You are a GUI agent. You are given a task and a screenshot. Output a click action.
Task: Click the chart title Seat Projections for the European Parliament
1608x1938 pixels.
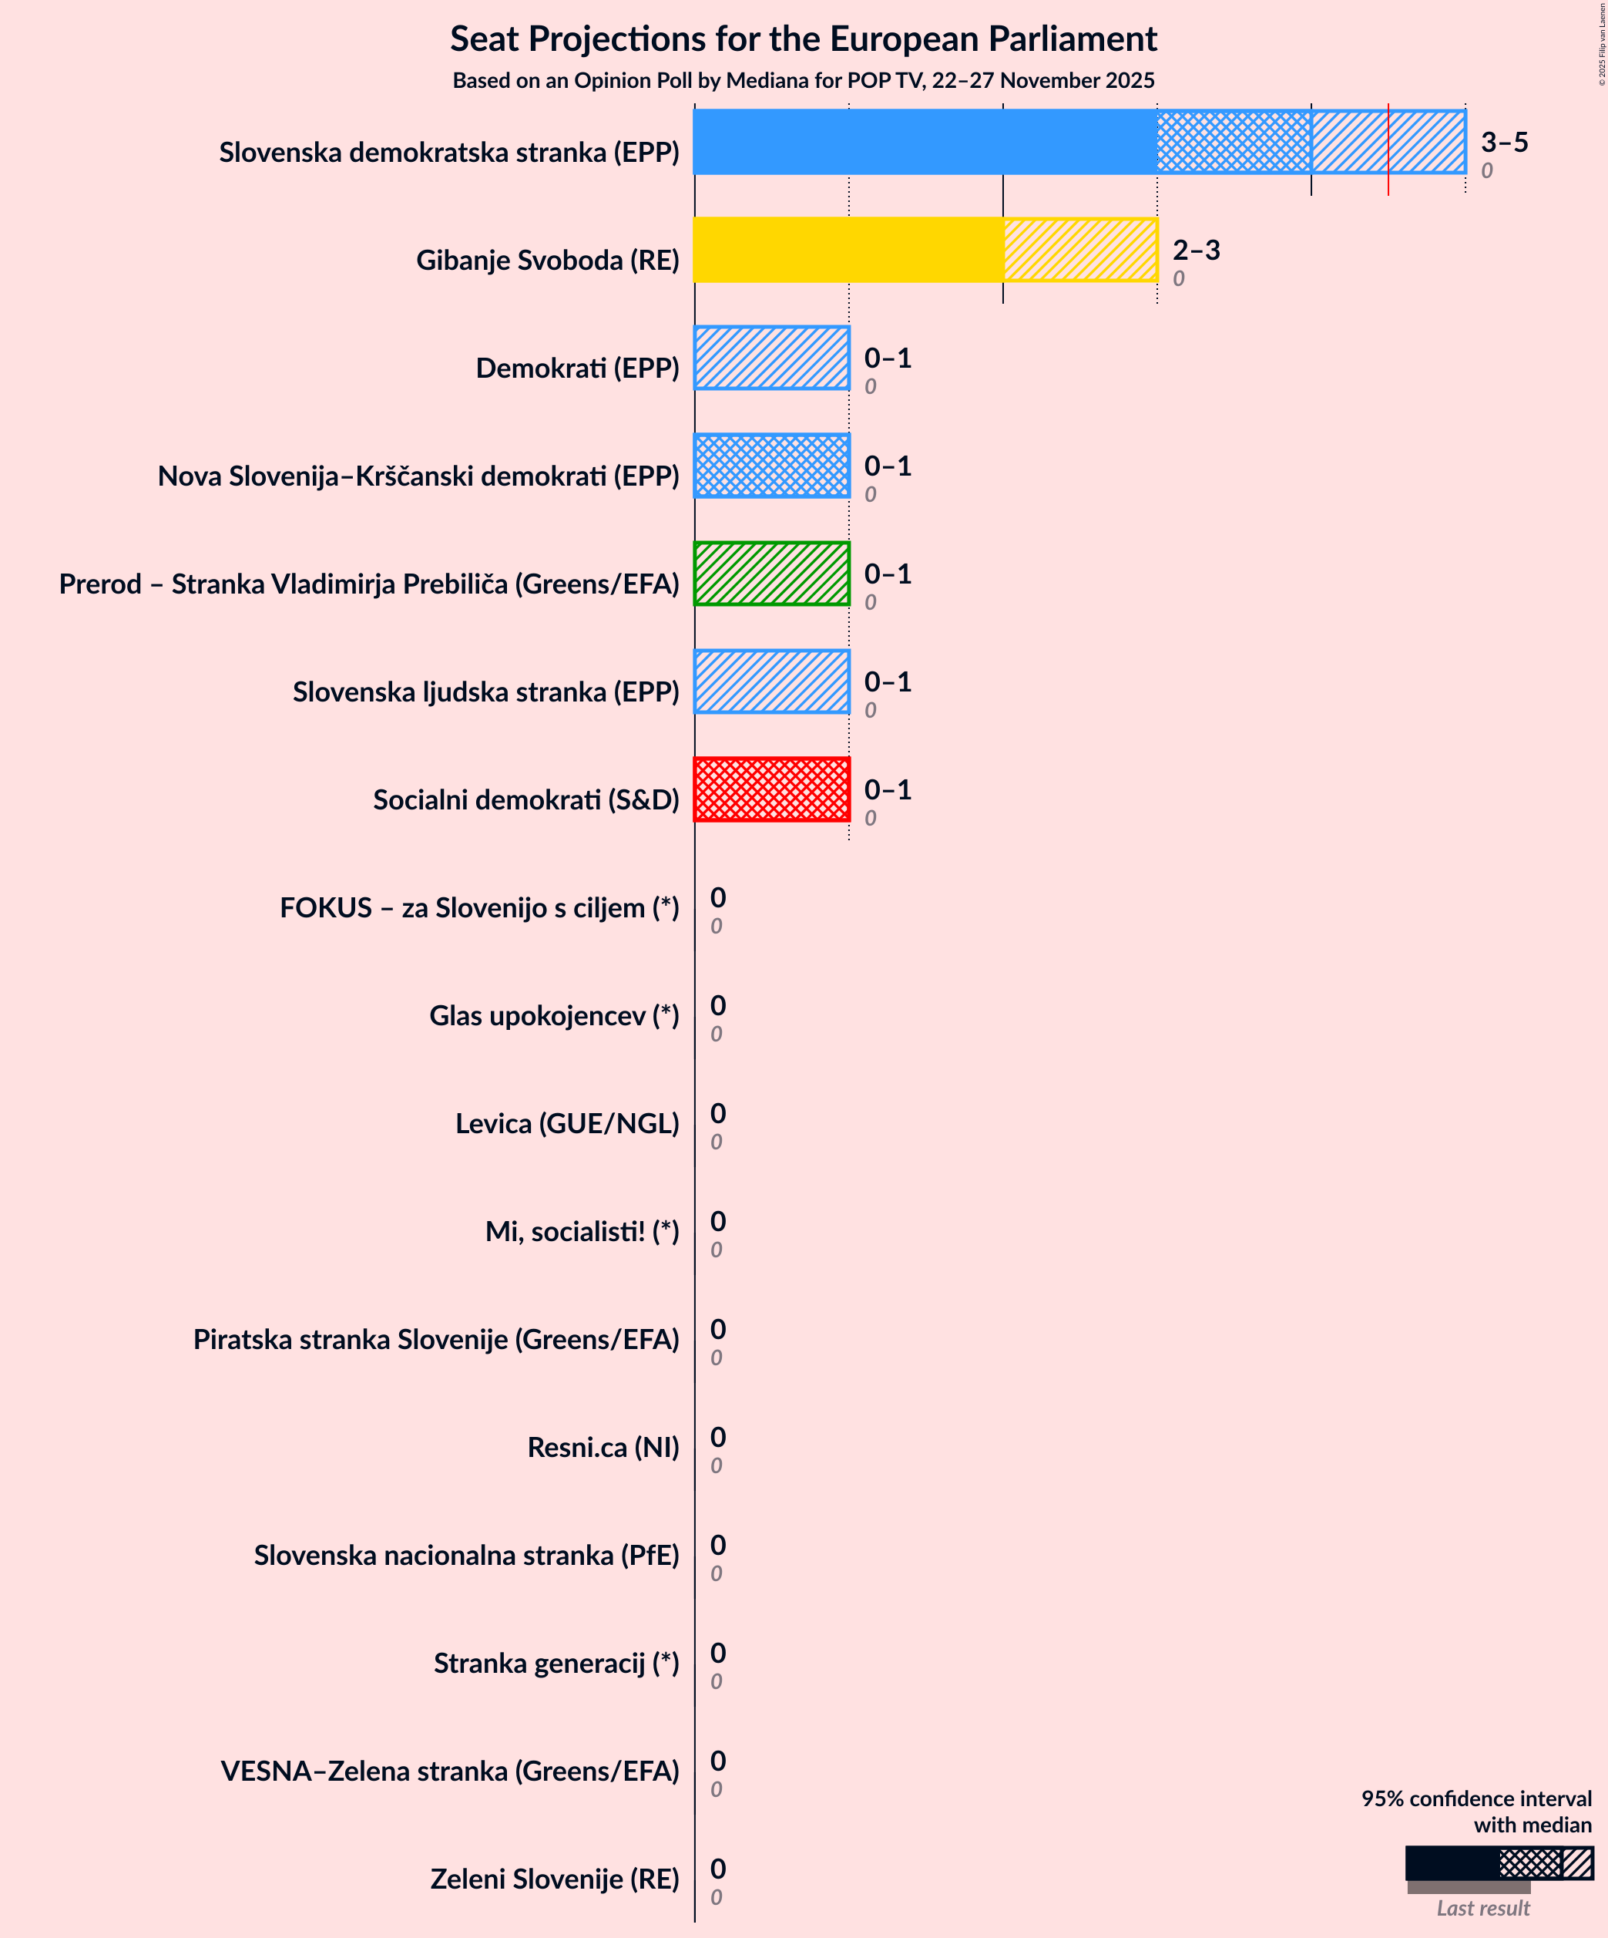click(x=803, y=39)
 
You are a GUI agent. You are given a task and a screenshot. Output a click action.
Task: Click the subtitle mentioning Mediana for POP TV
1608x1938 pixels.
click(x=803, y=80)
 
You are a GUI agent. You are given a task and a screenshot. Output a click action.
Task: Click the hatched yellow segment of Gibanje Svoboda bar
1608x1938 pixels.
click(x=1079, y=249)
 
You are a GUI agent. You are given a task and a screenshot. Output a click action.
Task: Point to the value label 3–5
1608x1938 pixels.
click(x=1504, y=142)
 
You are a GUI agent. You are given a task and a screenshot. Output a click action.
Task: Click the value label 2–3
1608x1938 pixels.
click(x=1196, y=250)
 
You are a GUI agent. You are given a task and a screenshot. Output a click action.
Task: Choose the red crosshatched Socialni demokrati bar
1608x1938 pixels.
click(x=771, y=789)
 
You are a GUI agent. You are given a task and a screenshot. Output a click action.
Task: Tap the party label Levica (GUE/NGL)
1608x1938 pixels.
click(x=566, y=1123)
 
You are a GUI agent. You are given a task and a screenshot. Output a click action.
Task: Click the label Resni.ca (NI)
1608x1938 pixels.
click(x=603, y=1447)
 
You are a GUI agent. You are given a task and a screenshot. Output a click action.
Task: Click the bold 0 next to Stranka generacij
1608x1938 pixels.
click(x=718, y=1652)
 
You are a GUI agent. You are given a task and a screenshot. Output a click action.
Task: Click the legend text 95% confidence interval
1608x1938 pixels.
click(x=1476, y=1798)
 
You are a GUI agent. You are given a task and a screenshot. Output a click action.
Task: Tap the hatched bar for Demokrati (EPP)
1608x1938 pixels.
click(x=771, y=357)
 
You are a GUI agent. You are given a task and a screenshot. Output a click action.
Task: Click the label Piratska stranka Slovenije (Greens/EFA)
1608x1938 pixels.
click(x=435, y=1339)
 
